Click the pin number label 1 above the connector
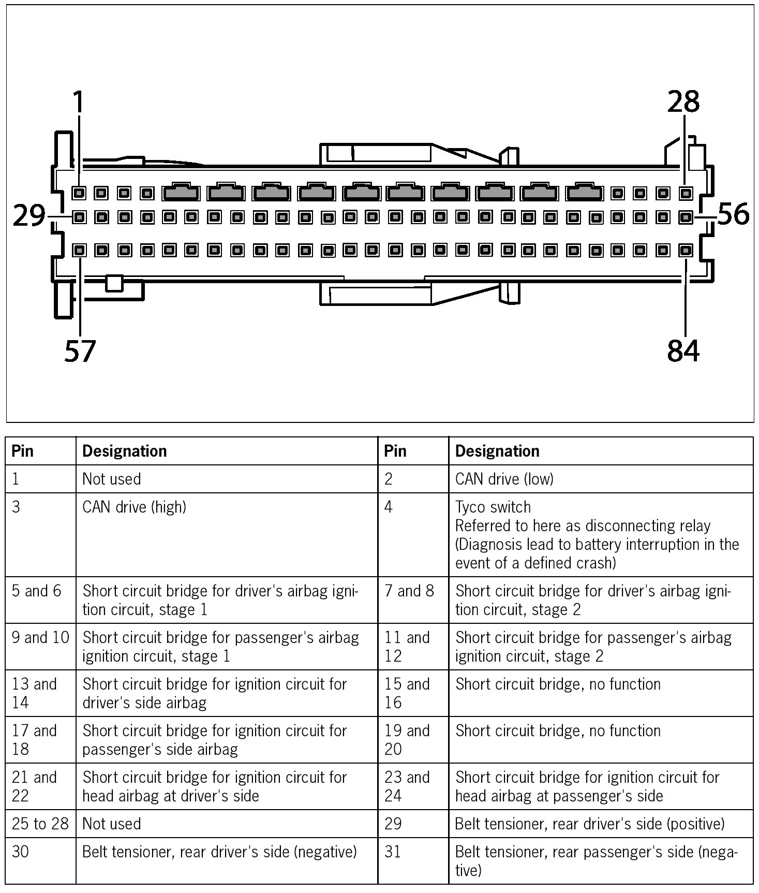tap(78, 102)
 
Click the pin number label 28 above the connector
tap(683, 102)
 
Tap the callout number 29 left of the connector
tap(29, 216)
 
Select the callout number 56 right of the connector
tap(733, 214)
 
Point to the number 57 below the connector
tap(80, 351)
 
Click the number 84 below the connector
tap(683, 351)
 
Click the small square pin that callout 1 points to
tap(79, 194)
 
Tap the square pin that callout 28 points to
tap(686, 194)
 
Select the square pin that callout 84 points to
tap(686, 251)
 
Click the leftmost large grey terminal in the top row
tap(181, 193)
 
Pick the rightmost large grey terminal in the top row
tap(585, 193)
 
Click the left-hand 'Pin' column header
tap(23, 451)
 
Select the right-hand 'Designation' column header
tap(497, 451)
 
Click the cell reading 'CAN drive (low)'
tap(504, 479)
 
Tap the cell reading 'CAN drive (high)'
tap(134, 507)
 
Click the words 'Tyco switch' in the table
tap(493, 507)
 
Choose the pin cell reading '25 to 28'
tap(40, 824)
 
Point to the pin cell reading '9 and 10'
tap(40, 637)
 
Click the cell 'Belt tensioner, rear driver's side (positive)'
tap(589, 824)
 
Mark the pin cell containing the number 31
tap(393, 852)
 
